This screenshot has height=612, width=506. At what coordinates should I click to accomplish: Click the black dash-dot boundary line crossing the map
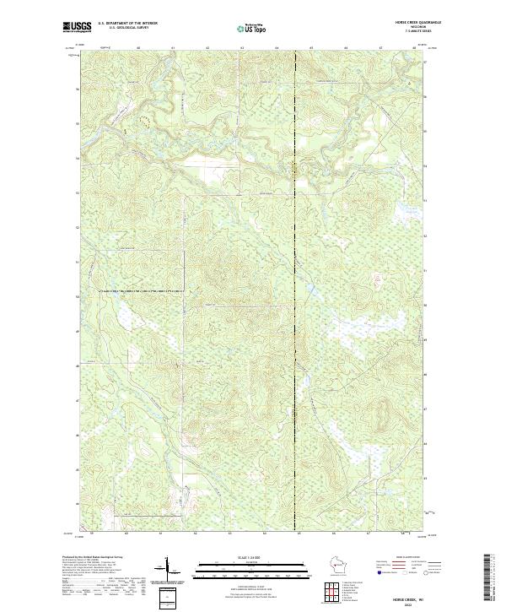296,295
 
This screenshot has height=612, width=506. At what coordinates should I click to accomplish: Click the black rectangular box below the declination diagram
165,598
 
